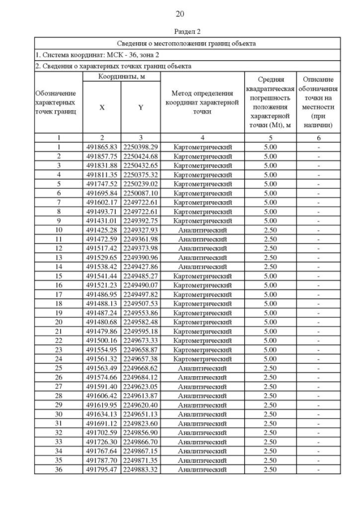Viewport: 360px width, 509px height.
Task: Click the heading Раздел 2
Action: [179, 31]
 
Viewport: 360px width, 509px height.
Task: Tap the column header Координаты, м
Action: [121, 76]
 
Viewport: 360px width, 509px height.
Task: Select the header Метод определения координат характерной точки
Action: [202, 102]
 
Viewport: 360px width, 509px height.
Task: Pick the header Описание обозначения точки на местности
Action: [318, 102]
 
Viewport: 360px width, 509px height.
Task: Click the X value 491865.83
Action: [101, 147]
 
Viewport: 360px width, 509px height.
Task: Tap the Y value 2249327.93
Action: [141, 230]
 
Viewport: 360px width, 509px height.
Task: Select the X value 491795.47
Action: [101, 469]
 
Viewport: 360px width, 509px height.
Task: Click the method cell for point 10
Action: [202, 230]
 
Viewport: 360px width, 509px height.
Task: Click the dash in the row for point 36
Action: [318, 469]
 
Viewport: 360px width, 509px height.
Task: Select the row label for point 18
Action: [58, 304]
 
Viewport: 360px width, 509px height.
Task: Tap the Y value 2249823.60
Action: [141, 423]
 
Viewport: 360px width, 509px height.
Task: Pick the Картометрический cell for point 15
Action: [202, 276]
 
